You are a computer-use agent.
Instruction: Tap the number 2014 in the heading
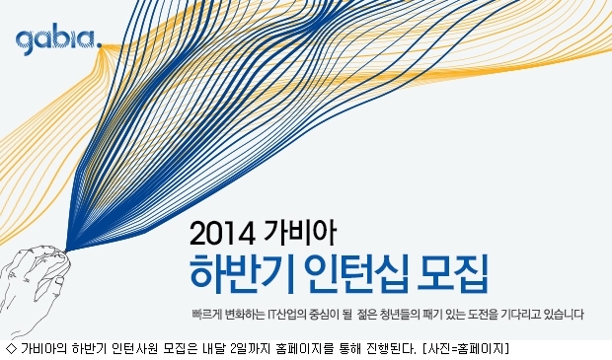[x=222, y=234]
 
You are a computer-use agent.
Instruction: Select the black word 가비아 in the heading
[x=299, y=233]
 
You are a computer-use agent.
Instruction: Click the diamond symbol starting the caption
[x=12, y=347]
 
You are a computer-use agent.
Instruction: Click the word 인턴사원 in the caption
[x=134, y=347]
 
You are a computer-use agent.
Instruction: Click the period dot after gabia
[x=99, y=45]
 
